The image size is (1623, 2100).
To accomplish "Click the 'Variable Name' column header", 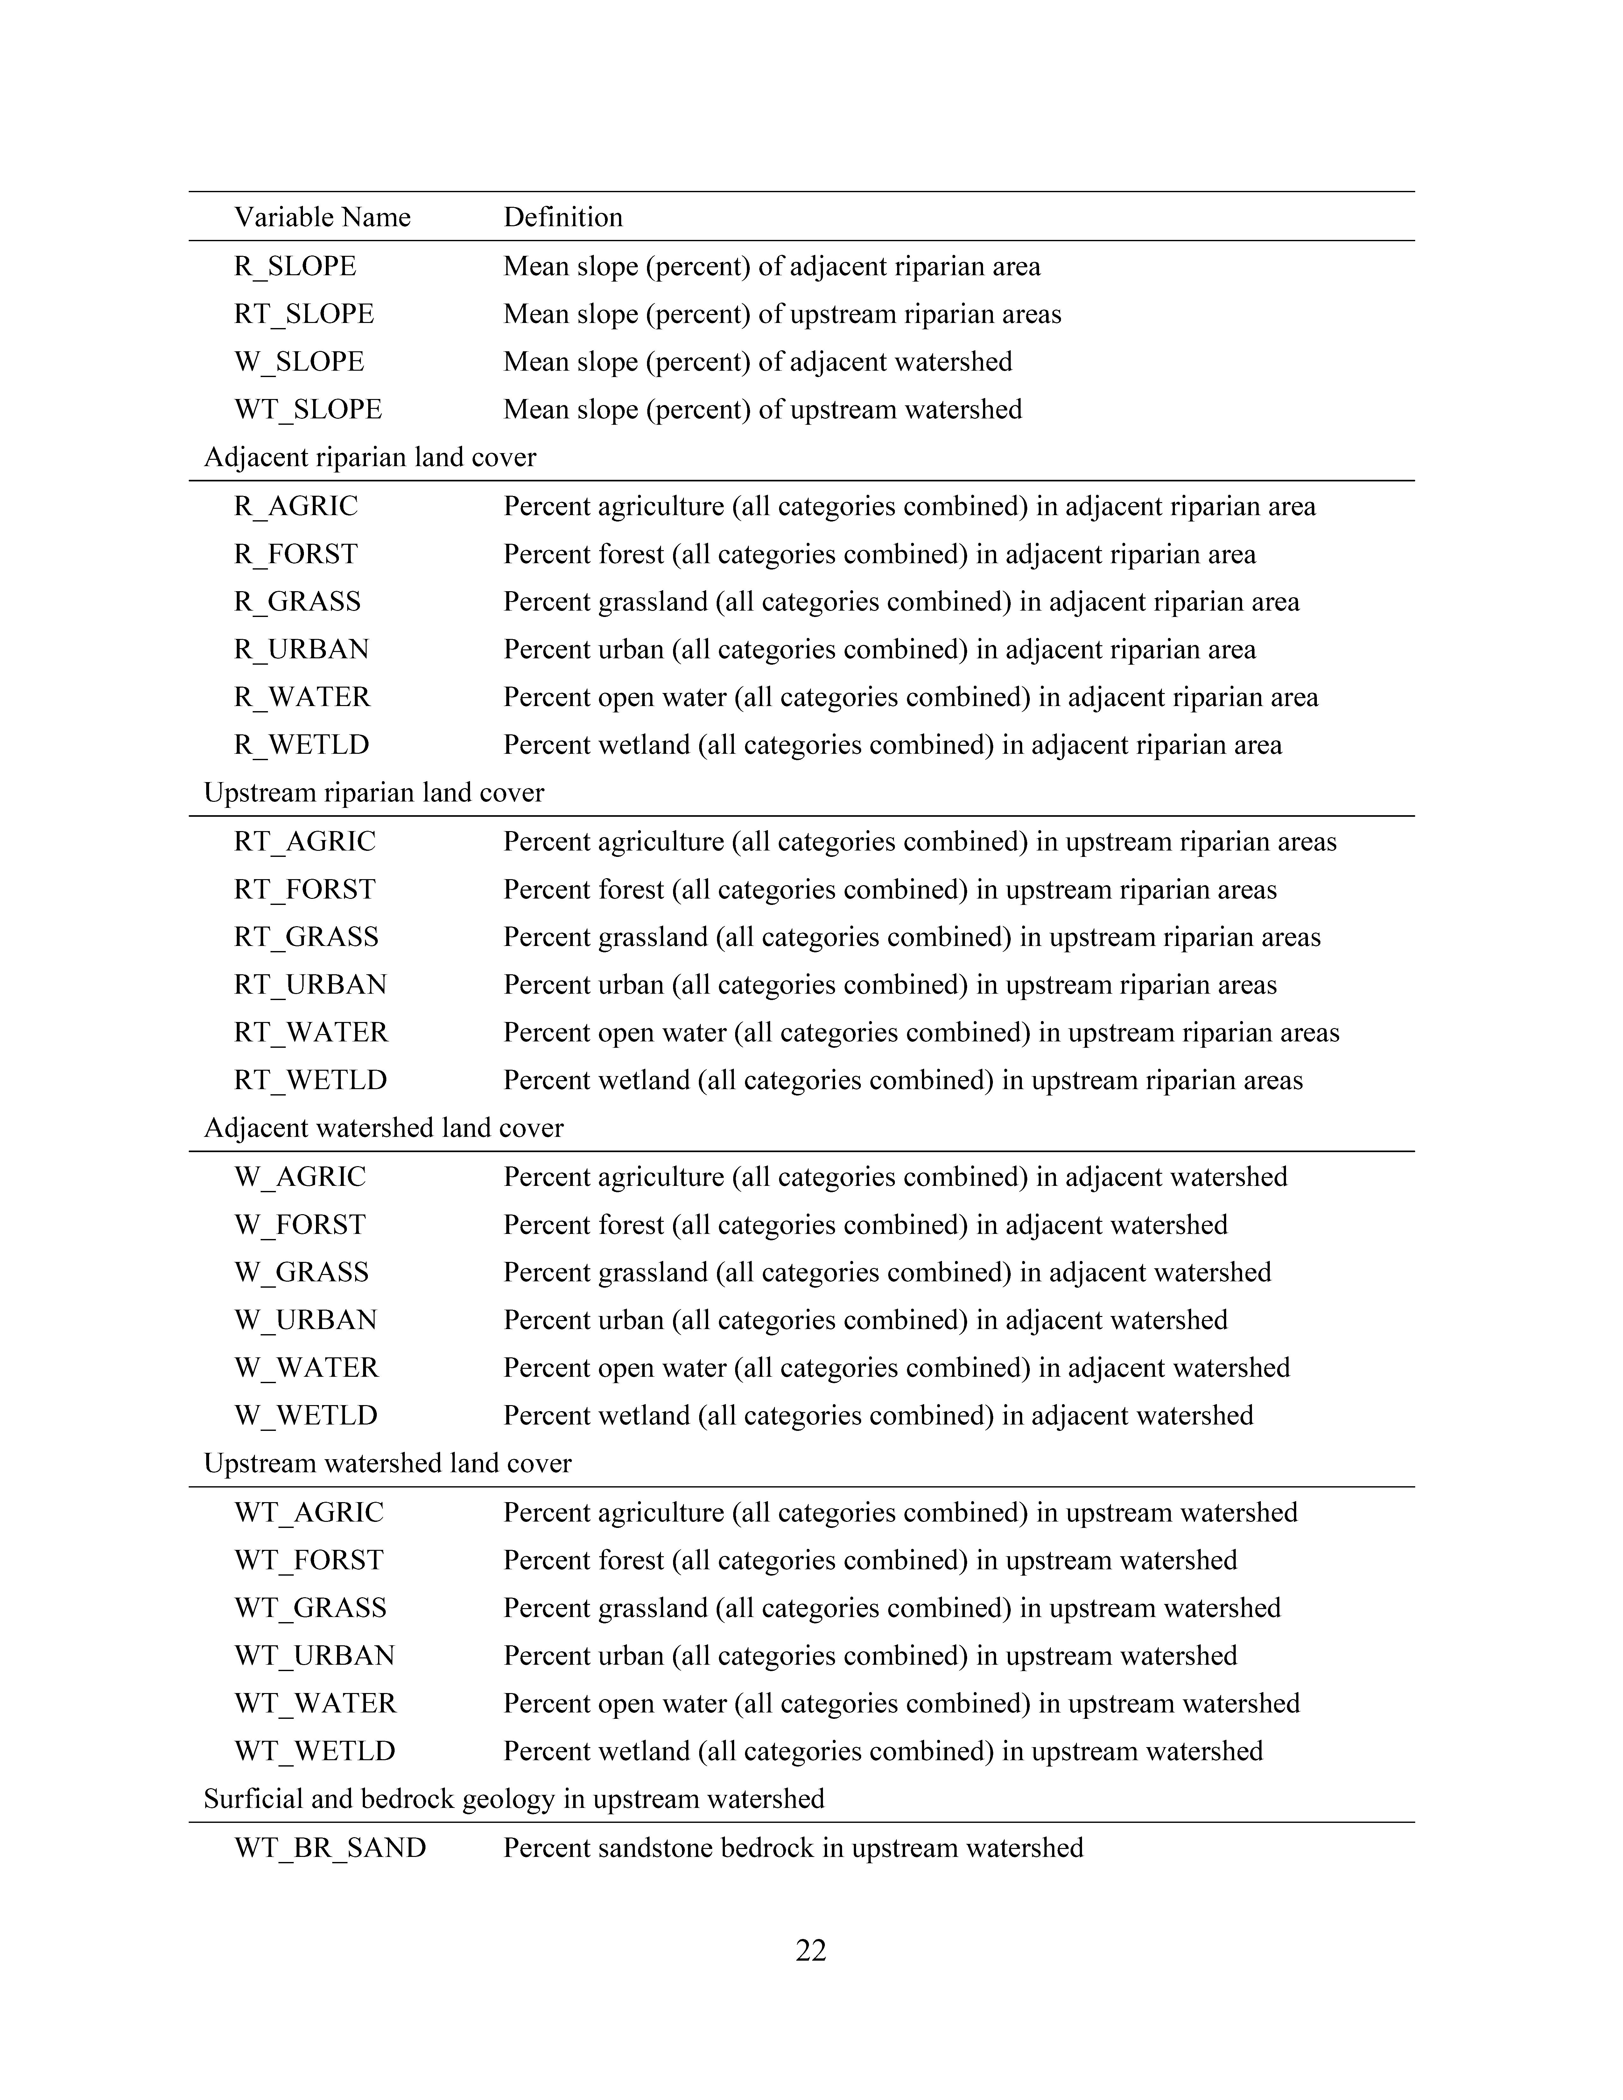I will (322, 217).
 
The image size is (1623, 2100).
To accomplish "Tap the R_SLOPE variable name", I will (295, 266).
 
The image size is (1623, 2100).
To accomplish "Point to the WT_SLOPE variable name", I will (308, 409).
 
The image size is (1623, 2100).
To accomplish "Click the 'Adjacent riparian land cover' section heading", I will (370, 458).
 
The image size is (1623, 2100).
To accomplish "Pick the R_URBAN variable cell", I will (301, 650).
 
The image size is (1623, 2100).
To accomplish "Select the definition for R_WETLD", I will (892, 745).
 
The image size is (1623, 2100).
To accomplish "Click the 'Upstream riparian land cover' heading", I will (374, 793).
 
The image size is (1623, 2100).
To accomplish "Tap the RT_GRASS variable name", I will (306, 937).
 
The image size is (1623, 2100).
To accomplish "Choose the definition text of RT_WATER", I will (921, 1033).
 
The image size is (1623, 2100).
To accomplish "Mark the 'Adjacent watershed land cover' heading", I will (384, 1128).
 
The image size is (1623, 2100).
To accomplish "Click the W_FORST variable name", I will (300, 1225).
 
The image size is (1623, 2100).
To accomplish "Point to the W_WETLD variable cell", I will (306, 1415).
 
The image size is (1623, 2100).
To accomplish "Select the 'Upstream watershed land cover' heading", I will (388, 1463).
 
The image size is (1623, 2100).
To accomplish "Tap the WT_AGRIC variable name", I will (309, 1513).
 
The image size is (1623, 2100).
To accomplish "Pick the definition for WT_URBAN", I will (870, 1656).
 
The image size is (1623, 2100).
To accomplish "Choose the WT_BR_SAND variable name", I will (330, 1848).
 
